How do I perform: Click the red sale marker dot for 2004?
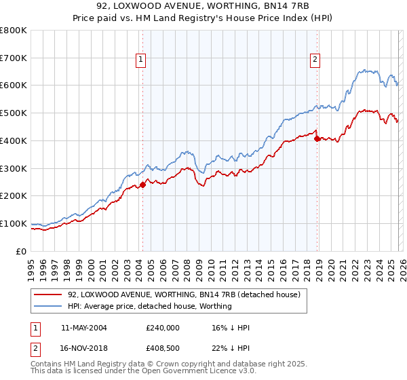[143, 185]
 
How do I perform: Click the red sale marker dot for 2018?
[317, 138]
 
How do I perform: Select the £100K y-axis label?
[14, 223]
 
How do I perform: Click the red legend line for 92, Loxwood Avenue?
[48, 295]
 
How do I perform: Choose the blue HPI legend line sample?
[48, 306]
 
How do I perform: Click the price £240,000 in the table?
[162, 328]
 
